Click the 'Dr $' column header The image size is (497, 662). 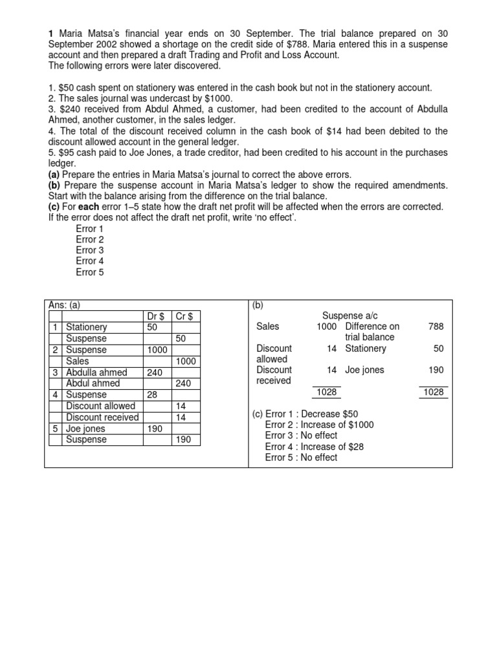click(155, 316)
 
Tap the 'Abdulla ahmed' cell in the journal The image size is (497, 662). click(96, 372)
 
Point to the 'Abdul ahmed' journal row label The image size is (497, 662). click(93, 383)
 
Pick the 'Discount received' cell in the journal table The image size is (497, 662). click(102, 417)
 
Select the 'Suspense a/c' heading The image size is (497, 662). click(349, 315)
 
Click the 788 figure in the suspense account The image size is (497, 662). click(436, 326)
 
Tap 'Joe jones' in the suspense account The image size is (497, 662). click(364, 370)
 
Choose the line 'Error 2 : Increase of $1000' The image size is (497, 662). click(319, 425)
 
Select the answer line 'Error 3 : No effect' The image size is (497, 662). click(301, 436)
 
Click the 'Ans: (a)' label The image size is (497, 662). click(65, 304)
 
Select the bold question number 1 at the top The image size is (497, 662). click(51, 33)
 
